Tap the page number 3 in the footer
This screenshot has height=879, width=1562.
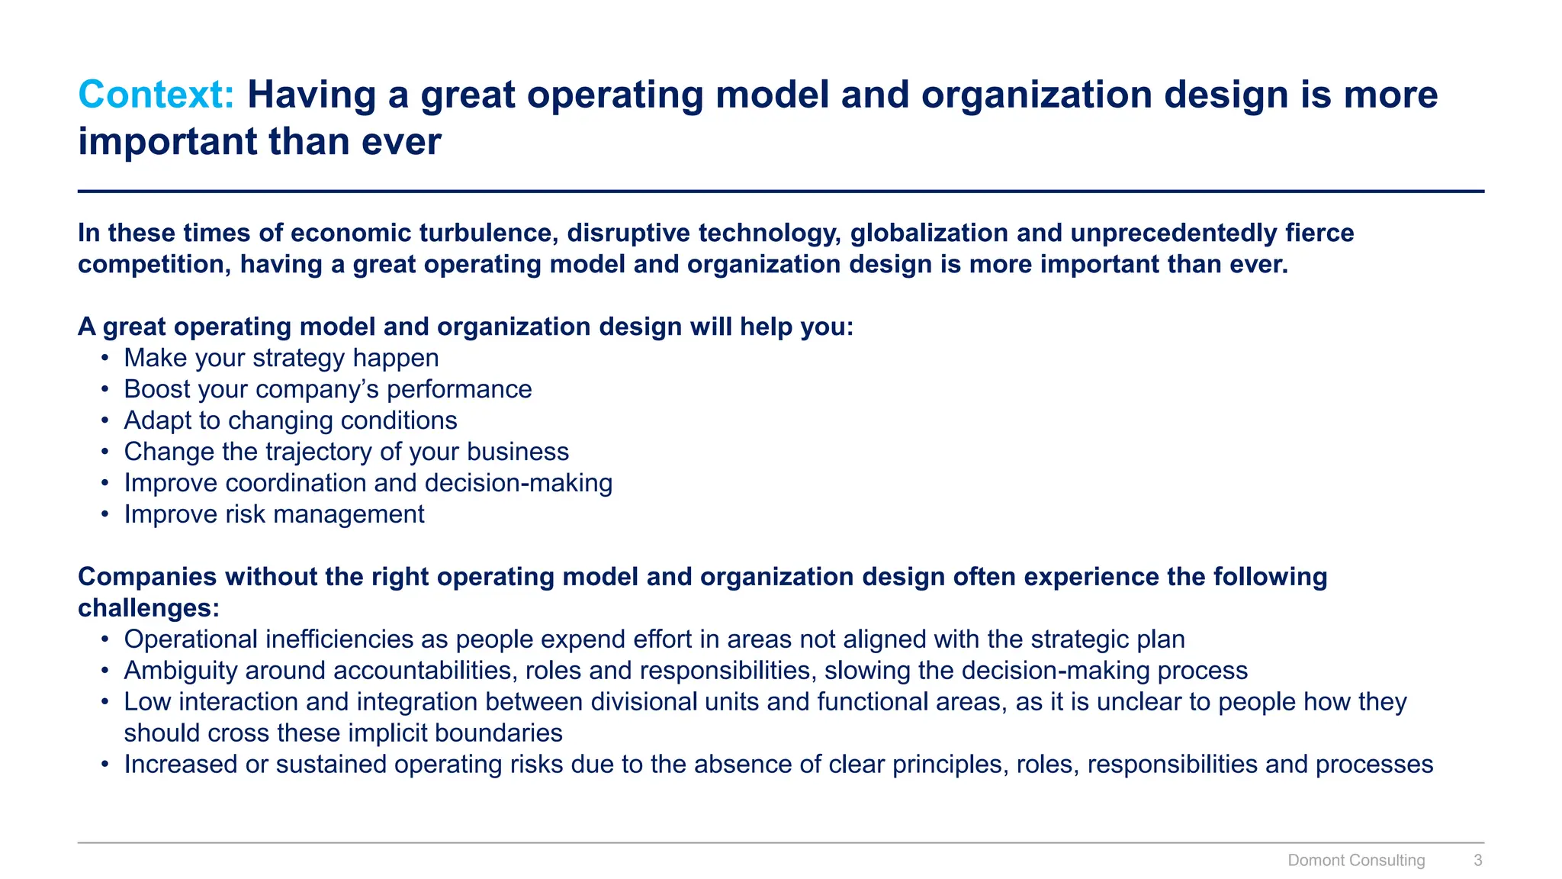(x=1477, y=860)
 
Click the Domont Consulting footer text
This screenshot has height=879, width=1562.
(x=1355, y=860)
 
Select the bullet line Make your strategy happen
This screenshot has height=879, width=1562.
(x=281, y=358)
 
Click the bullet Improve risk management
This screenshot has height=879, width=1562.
(x=274, y=514)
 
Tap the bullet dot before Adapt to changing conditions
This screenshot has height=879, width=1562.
(x=105, y=421)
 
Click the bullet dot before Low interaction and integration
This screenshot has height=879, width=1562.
(x=105, y=702)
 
